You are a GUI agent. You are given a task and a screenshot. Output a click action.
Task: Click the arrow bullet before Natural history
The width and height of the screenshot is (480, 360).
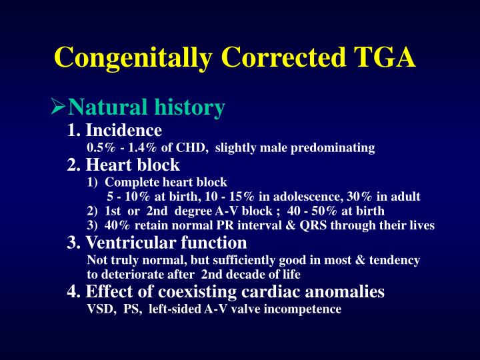(x=59, y=107)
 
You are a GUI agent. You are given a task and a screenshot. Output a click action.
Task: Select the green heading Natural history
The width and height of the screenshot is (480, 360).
(x=147, y=107)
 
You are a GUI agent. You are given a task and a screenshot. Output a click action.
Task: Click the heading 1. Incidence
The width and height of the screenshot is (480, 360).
(x=115, y=129)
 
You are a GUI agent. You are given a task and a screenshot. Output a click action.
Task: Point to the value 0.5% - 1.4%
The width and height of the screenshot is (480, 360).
(x=117, y=147)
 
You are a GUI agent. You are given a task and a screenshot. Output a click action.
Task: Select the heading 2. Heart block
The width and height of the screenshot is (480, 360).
(x=123, y=165)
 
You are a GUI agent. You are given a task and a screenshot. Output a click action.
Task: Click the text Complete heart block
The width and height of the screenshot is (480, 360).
(x=166, y=182)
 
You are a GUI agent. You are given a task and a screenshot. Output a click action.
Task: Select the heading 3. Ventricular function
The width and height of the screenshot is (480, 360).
(x=157, y=243)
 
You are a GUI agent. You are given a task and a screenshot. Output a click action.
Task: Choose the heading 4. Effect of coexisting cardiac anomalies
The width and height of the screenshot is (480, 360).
(x=226, y=291)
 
